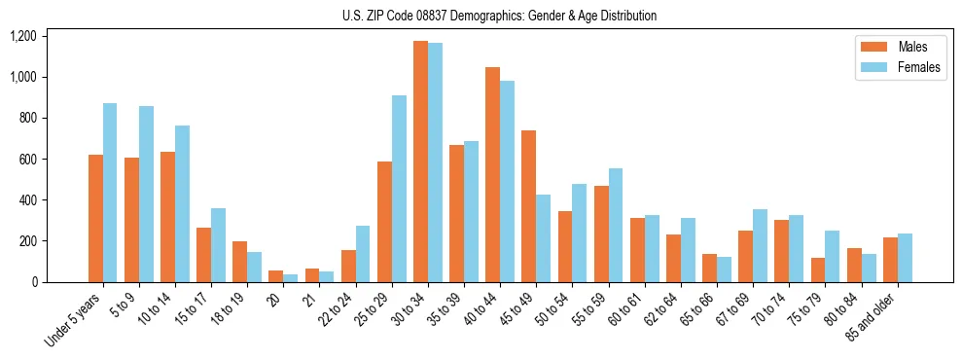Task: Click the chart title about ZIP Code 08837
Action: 499,16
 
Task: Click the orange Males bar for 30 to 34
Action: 420,162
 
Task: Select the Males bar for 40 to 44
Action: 492,175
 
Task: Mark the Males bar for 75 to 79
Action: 817,270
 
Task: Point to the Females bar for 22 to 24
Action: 363,254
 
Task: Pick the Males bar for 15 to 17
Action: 203,255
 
